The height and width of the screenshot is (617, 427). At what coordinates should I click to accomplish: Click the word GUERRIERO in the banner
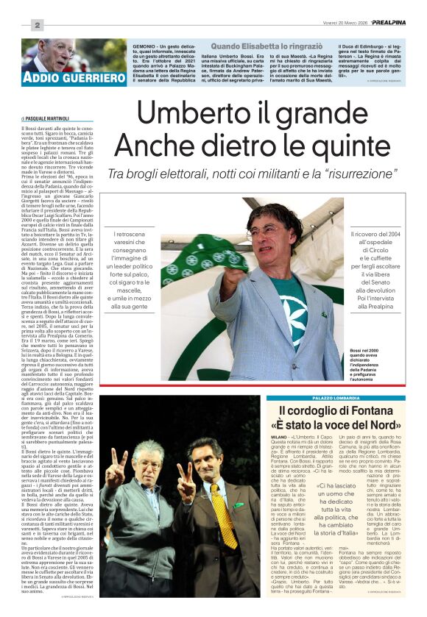[x=93, y=77]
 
